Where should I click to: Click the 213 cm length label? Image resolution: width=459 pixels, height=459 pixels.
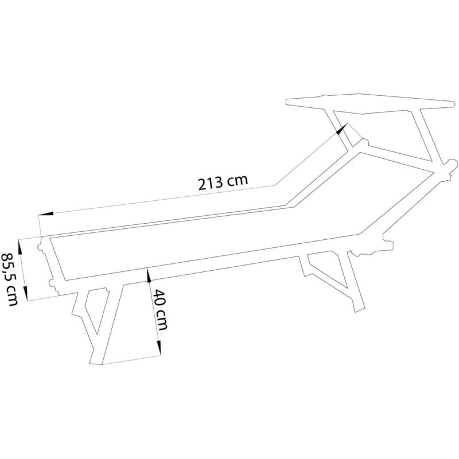[x=223, y=183]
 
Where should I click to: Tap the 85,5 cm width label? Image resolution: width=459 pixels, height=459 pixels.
[x=10, y=279]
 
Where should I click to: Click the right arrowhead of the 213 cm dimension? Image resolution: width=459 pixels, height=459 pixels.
[x=343, y=129]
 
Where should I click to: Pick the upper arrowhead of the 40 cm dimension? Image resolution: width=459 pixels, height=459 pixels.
[x=149, y=275]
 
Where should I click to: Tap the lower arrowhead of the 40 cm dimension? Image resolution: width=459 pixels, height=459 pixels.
[x=158, y=347]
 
